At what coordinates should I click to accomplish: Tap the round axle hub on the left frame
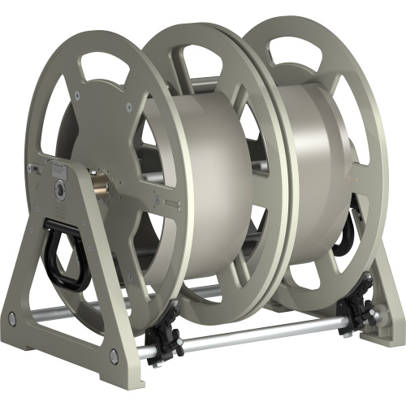pos(61,188)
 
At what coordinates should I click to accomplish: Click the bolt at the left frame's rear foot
pos(11,317)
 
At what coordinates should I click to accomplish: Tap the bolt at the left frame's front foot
pos(113,355)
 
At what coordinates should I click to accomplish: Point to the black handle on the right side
pos(348,232)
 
